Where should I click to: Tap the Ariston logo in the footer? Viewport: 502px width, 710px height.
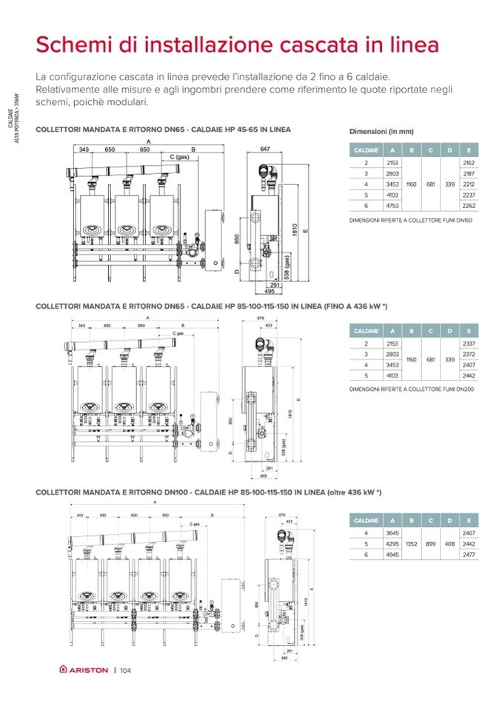pyautogui.click(x=84, y=671)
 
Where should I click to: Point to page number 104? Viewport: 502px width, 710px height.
pyautogui.click(x=124, y=671)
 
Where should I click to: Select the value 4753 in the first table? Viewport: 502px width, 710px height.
pyautogui.click(x=392, y=206)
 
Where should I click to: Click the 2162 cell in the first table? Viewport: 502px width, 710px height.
pyautogui.click(x=467, y=161)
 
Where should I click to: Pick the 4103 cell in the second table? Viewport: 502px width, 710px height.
pyautogui.click(x=392, y=375)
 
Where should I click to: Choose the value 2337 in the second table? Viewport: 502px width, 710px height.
pyautogui.click(x=467, y=344)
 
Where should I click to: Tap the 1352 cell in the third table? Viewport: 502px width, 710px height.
pyautogui.click(x=412, y=543)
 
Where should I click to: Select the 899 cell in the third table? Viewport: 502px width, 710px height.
pyautogui.click(x=431, y=543)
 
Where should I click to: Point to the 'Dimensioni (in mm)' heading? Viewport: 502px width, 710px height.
pyautogui.click(x=381, y=132)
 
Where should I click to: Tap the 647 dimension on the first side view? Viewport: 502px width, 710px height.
pyautogui.click(x=265, y=149)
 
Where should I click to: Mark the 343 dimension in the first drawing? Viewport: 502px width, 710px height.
pyautogui.click(x=84, y=150)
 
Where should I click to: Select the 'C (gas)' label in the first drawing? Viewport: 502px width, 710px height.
pyautogui.click(x=180, y=157)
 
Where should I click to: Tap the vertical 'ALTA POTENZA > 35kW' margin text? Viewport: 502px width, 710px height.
pyautogui.click(x=16, y=118)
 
